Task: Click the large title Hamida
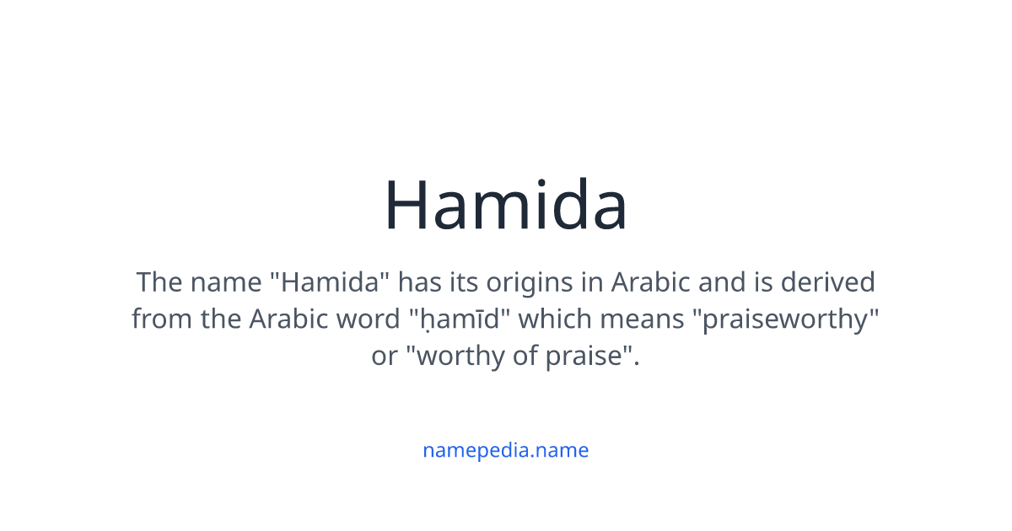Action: click(506, 206)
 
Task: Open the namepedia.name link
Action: click(506, 450)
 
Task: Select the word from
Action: click(161, 319)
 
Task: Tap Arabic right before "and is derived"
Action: click(649, 282)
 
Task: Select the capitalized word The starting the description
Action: click(159, 282)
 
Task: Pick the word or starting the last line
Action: click(384, 357)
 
